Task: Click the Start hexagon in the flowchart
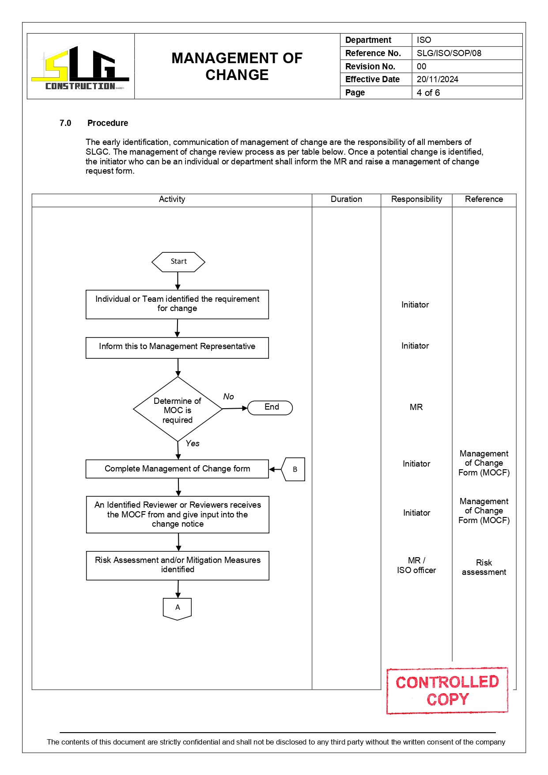178,262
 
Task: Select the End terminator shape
270,407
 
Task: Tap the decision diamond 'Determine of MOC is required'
178,410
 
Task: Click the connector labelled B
294,469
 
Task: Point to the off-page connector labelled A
178,608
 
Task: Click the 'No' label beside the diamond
228,396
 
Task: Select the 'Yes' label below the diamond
193,443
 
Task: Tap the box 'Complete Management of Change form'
177,469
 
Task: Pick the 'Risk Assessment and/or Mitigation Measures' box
178,565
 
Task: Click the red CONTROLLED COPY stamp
447,690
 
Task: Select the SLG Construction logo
80,67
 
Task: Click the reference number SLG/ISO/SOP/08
449,53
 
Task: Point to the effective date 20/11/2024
437,80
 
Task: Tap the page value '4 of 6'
428,93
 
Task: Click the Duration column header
346,199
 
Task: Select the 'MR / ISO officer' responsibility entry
416,565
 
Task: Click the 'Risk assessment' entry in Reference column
484,567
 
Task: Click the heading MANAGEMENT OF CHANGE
237,66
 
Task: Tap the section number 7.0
65,123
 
